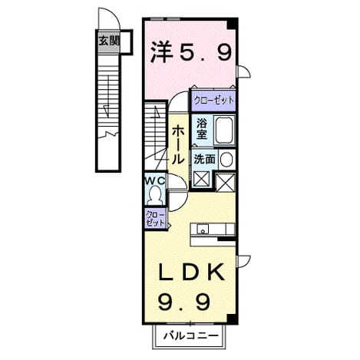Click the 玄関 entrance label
pos(109,41)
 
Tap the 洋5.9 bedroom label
pos(191,53)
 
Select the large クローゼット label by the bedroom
pos(213,101)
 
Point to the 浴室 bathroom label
pos(202,129)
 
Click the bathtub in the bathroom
pos(225,130)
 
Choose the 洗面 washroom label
pos(204,159)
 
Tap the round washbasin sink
pos(226,160)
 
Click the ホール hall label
pos(178,145)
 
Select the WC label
pos(155,181)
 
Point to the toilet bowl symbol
pos(155,195)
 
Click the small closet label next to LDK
pos(155,219)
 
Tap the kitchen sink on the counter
pos(203,230)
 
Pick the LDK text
pos(191,272)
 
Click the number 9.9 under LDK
pos(184,302)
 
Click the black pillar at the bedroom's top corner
pos(233,24)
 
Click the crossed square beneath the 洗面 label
pos(202,179)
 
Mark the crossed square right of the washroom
pos(225,182)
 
